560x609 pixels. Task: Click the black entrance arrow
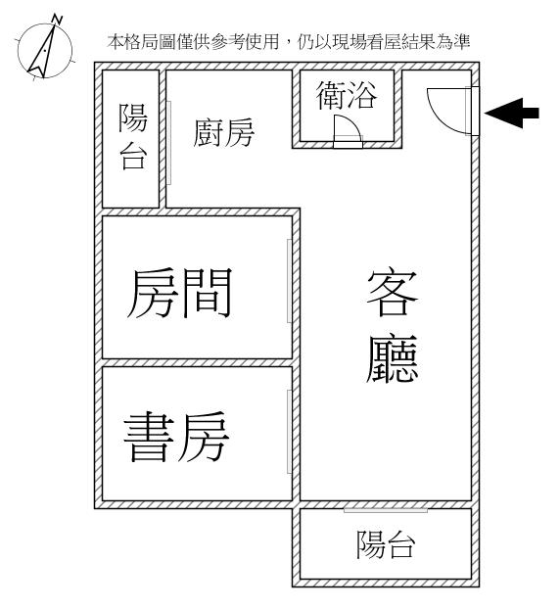[512, 113]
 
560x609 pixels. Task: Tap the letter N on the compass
[57, 19]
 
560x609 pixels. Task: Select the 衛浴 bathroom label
[346, 96]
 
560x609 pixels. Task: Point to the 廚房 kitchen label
[223, 133]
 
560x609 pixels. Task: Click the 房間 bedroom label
[179, 294]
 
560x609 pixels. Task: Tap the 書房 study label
[176, 437]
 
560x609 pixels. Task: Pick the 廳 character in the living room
[393, 358]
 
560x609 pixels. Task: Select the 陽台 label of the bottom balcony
[386, 544]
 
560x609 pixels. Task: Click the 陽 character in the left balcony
[133, 118]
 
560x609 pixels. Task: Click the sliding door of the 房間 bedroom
[289, 281]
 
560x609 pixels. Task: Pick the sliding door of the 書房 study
[289, 432]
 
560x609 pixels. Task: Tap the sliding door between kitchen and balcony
[168, 143]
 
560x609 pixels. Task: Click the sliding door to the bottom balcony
[386, 510]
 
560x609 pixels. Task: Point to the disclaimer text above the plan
[289, 42]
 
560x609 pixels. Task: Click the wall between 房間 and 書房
[197, 363]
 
